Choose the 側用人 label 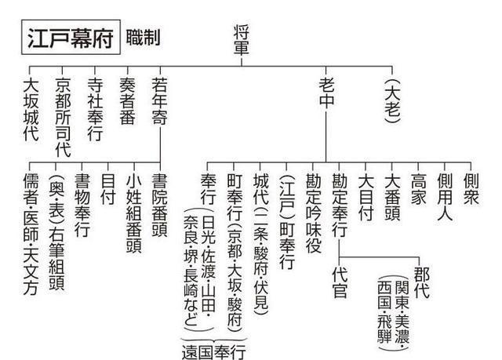444,195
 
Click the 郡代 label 420,284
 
